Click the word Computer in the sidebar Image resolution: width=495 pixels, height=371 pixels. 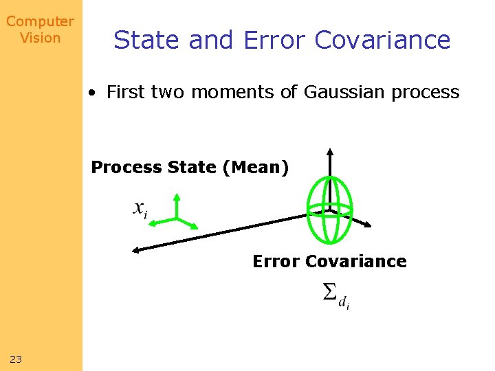pos(40,22)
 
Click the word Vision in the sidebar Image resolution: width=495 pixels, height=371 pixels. pos(40,38)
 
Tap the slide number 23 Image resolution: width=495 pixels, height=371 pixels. pos(16,359)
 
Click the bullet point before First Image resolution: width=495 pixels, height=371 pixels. pos(92,93)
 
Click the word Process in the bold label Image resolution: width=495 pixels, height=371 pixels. pos(126,168)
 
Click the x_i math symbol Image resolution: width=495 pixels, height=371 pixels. pos(140,210)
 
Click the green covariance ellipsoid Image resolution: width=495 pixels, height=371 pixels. pos(330,210)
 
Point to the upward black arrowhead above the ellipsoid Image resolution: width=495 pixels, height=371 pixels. pos(330,153)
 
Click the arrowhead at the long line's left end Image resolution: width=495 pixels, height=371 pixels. pos(136,249)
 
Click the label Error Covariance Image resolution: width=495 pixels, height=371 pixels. pos(329,262)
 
